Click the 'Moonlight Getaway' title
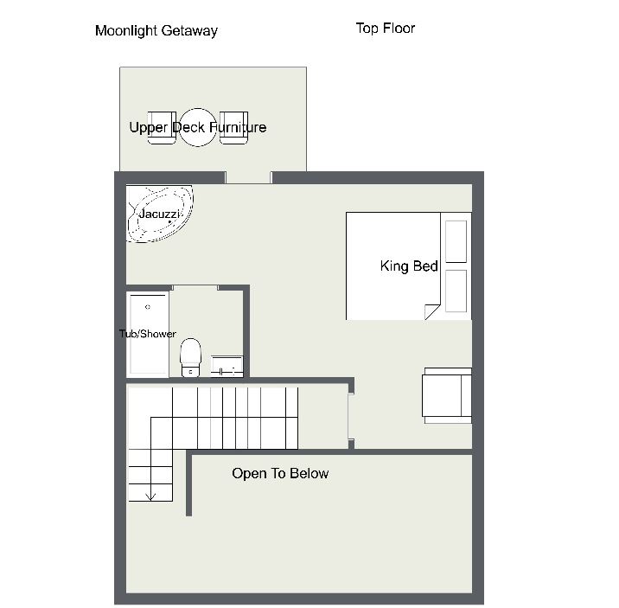click(x=156, y=31)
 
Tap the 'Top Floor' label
click(x=386, y=28)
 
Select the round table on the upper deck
click(x=198, y=127)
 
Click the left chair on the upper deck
click(x=162, y=127)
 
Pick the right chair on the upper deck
click(x=233, y=127)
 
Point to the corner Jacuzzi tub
click(x=159, y=214)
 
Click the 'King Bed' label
click(x=409, y=266)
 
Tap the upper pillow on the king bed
click(x=456, y=241)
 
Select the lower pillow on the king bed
click(x=456, y=291)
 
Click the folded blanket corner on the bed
click(x=431, y=311)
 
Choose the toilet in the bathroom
click(x=190, y=357)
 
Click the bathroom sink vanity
click(x=227, y=366)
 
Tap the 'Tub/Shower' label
click(x=148, y=334)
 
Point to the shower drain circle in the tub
click(x=148, y=307)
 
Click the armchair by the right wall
click(x=447, y=395)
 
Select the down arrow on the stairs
click(x=150, y=496)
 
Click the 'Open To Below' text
click(x=280, y=473)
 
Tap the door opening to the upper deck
click(x=248, y=177)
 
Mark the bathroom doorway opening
click(x=195, y=287)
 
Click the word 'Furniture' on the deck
click(x=238, y=127)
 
